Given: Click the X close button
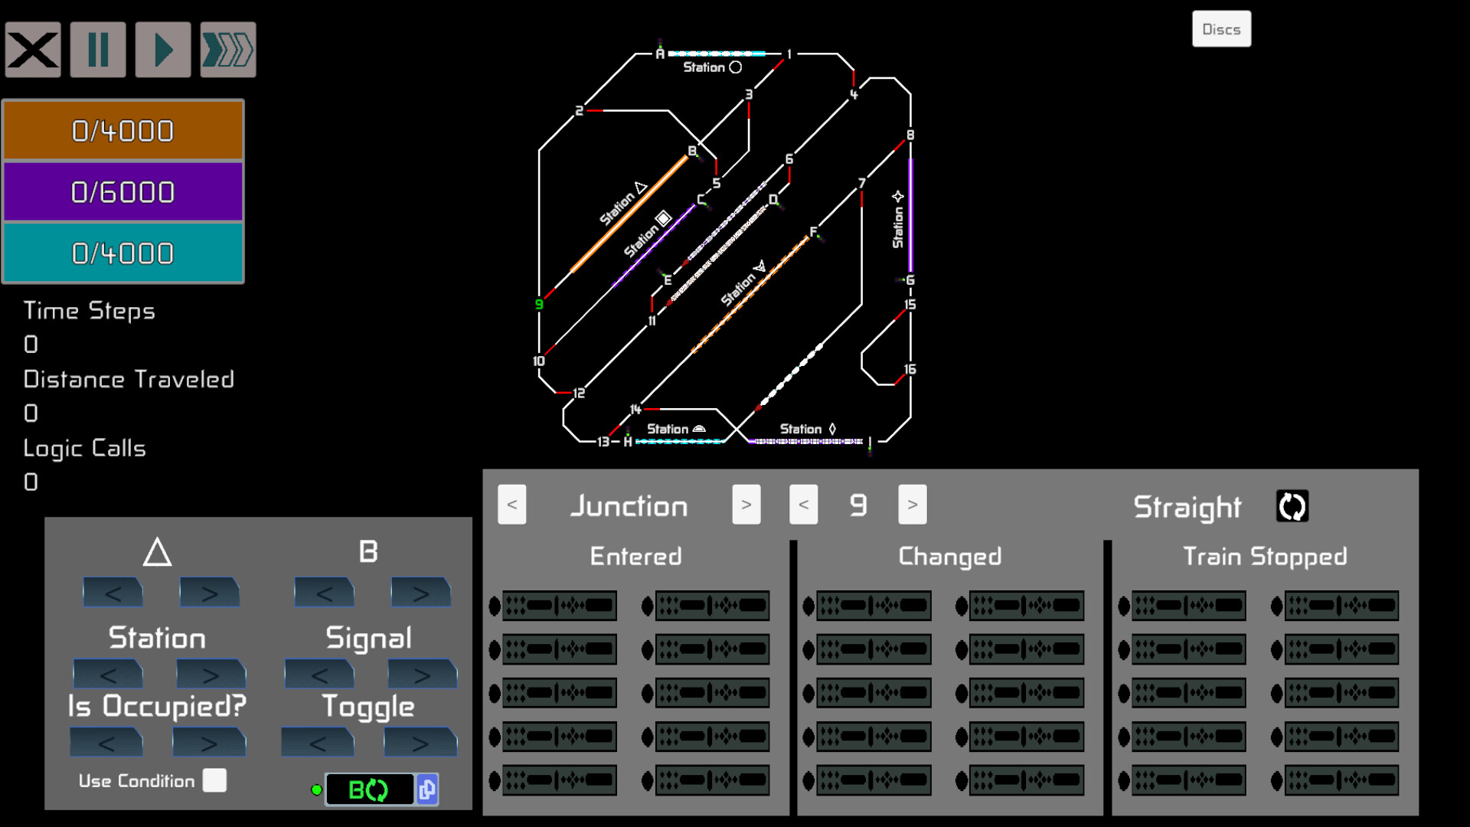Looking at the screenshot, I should coord(33,51).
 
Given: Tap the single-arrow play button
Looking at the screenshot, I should coord(163,51).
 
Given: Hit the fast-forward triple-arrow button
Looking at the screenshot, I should coord(228,51).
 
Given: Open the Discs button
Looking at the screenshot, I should coord(1221,29).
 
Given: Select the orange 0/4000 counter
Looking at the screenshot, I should coord(123,131).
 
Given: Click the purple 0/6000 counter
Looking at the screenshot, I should coord(123,192).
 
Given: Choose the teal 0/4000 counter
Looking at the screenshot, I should coord(123,253).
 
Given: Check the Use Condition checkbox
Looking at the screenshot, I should coord(214,780).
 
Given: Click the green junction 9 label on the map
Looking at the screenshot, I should coord(539,304).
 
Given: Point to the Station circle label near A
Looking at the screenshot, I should coord(712,67).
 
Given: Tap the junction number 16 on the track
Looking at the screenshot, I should coord(910,369).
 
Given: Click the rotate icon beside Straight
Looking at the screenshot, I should coord(1292,506).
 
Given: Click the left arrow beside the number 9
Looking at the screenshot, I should coord(803,505).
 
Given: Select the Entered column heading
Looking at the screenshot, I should coord(635,556).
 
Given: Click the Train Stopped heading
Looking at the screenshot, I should coord(1265,556).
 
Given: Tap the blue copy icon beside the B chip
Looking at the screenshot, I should coord(427,789).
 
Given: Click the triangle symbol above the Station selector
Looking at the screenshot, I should coord(157,552).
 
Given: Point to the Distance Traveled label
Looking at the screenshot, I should coord(129,379).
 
